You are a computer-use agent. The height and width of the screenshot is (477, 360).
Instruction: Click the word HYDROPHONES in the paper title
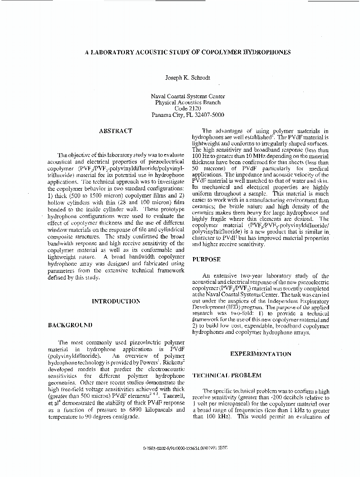point(266,52)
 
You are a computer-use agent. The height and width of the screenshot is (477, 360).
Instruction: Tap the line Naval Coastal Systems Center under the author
point(187,96)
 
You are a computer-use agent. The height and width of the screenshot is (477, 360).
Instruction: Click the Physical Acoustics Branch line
point(187,103)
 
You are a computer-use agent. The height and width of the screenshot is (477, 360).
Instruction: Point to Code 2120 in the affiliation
point(187,109)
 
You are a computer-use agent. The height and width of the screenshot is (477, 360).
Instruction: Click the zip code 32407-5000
point(208,115)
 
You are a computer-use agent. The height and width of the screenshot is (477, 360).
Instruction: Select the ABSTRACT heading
point(115,131)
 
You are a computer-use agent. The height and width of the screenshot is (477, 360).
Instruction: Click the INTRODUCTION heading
point(116,301)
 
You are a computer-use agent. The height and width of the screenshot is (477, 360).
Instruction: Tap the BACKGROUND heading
point(70,325)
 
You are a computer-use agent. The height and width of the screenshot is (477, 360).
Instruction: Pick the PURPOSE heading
point(206,259)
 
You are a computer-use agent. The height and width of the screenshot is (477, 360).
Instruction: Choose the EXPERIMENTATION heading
point(260,354)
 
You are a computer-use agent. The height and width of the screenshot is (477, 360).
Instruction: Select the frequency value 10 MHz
point(241,156)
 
